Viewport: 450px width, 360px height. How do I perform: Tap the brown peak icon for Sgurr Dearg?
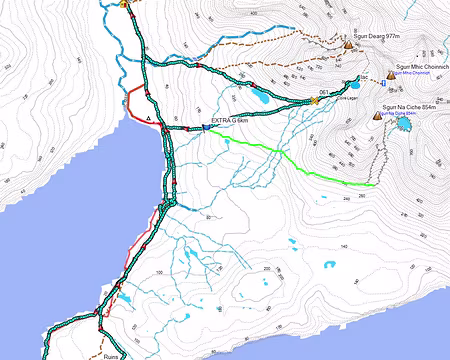pyautogui.click(x=348, y=45)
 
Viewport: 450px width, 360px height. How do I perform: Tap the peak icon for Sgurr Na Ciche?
pyautogui.click(x=377, y=116)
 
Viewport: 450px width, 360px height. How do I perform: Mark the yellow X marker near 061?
pyautogui.click(x=314, y=99)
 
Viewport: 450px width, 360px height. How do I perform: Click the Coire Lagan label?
pyautogui.click(x=347, y=99)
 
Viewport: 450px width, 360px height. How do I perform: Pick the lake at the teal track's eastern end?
pyautogui.click(x=355, y=81)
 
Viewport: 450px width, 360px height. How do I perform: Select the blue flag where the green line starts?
pyautogui.click(x=205, y=127)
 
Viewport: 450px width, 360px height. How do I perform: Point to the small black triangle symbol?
pyautogui.click(x=149, y=118)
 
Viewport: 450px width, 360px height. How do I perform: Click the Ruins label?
pyautogui.click(x=111, y=355)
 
